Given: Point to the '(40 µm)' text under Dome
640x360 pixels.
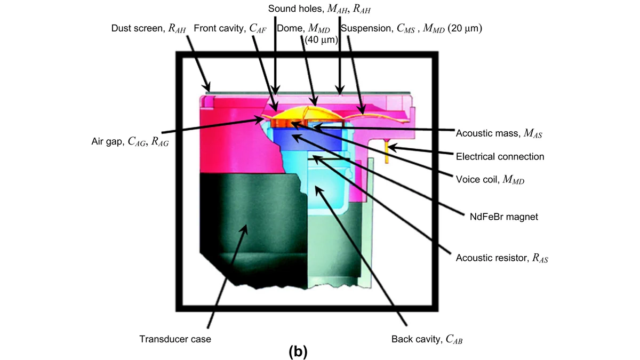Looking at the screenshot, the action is [x=321, y=39].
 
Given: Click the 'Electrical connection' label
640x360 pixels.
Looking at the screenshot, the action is [x=500, y=157].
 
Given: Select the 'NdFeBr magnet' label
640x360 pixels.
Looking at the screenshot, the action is [x=503, y=217].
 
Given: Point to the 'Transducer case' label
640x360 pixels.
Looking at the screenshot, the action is [x=175, y=339].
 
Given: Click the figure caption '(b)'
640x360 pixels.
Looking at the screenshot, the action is [x=298, y=351].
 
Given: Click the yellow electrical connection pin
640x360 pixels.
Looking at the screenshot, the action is [x=387, y=153].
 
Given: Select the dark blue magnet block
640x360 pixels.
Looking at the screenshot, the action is [x=307, y=139].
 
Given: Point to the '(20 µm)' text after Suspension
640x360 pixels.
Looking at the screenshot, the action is [x=465, y=28].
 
